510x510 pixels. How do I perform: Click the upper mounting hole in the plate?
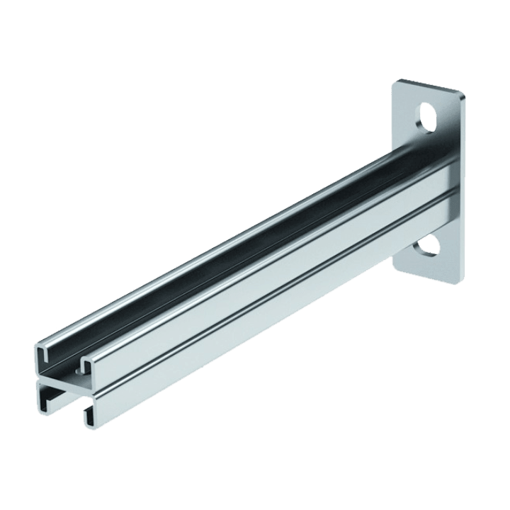[426, 118]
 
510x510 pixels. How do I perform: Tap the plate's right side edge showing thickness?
[464, 184]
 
